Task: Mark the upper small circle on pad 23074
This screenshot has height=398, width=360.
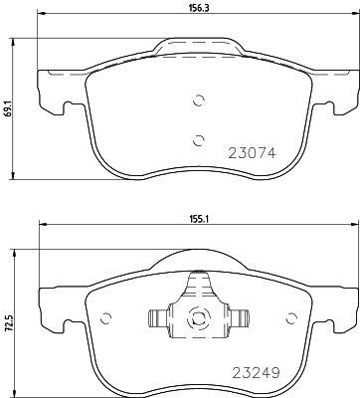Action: click(x=198, y=99)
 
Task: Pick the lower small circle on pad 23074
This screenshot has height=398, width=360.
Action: click(x=198, y=139)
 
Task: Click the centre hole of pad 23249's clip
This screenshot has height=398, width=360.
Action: click(x=197, y=319)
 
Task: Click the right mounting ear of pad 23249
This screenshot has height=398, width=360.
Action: click(x=342, y=308)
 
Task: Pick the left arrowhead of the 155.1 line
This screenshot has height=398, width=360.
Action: click(x=42, y=227)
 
